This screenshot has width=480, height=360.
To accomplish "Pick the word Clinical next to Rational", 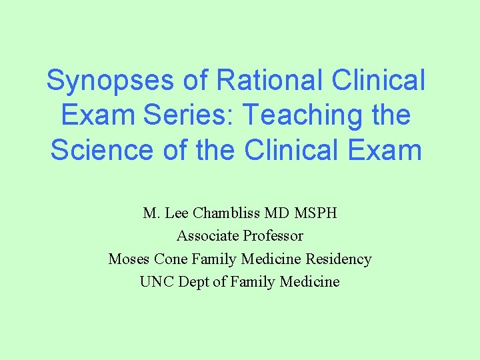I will pos(377,81).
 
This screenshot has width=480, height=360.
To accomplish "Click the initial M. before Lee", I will pos(150,213).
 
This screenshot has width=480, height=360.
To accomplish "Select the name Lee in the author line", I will pos(177,213).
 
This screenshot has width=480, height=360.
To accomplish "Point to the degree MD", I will pos(277,213).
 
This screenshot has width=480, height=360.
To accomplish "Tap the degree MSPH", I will pos(316,213).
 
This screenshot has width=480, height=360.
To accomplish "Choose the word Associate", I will pos(208,236).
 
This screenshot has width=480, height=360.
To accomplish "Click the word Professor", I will pos(273,236).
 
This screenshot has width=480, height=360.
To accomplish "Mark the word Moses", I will pos(129,259).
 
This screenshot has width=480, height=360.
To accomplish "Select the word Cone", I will pos(171,259).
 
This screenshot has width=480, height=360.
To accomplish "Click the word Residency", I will pos(339,259).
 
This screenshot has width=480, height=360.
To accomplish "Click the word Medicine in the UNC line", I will pos(309,281).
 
